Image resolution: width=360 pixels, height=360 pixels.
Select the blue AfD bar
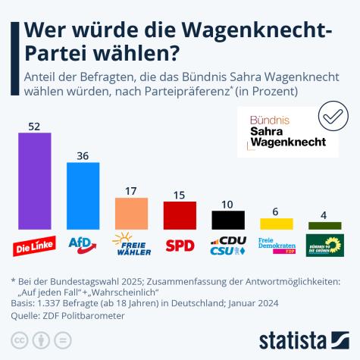pyautogui.click(x=83, y=196)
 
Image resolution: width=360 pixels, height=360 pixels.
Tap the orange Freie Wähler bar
pyautogui.click(x=131, y=213)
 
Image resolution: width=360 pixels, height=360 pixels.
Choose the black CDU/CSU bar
pyautogui.click(x=227, y=219)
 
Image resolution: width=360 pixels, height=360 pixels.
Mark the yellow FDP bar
pyautogui.click(x=276, y=223)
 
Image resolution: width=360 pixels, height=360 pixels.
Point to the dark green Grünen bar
pyautogui.click(x=324, y=225)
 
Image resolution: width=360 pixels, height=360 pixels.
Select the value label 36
pyautogui.click(x=83, y=155)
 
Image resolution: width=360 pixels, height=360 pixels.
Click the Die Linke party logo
pyautogui.click(x=35, y=246)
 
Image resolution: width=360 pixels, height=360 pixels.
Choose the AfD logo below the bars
pyautogui.click(x=83, y=244)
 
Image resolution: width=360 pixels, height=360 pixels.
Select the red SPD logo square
pyautogui.click(x=180, y=245)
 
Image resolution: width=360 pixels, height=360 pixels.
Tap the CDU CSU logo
pyautogui.click(x=227, y=245)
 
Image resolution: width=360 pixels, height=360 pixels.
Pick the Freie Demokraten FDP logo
pyautogui.click(x=276, y=245)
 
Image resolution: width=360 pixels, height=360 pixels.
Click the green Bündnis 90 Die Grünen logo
pyautogui.click(x=324, y=245)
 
